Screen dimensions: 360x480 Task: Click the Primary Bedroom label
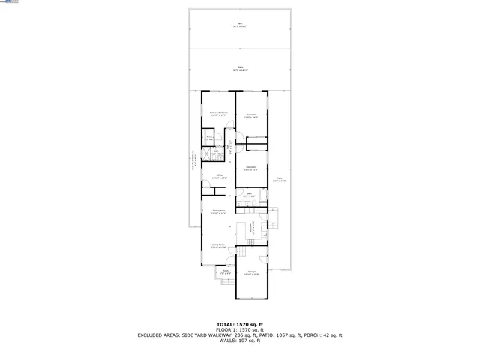(x=219, y=114)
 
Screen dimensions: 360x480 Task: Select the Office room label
(x=220, y=176)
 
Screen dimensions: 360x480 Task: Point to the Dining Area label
(x=220, y=212)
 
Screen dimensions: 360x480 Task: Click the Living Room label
(x=218, y=245)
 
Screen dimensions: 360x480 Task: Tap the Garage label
(x=252, y=274)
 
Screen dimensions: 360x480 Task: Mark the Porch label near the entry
(x=225, y=272)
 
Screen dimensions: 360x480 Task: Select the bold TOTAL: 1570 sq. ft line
(x=239, y=324)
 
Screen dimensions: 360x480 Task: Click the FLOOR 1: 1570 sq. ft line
(x=239, y=330)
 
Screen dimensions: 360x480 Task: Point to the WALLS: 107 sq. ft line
(x=239, y=341)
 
